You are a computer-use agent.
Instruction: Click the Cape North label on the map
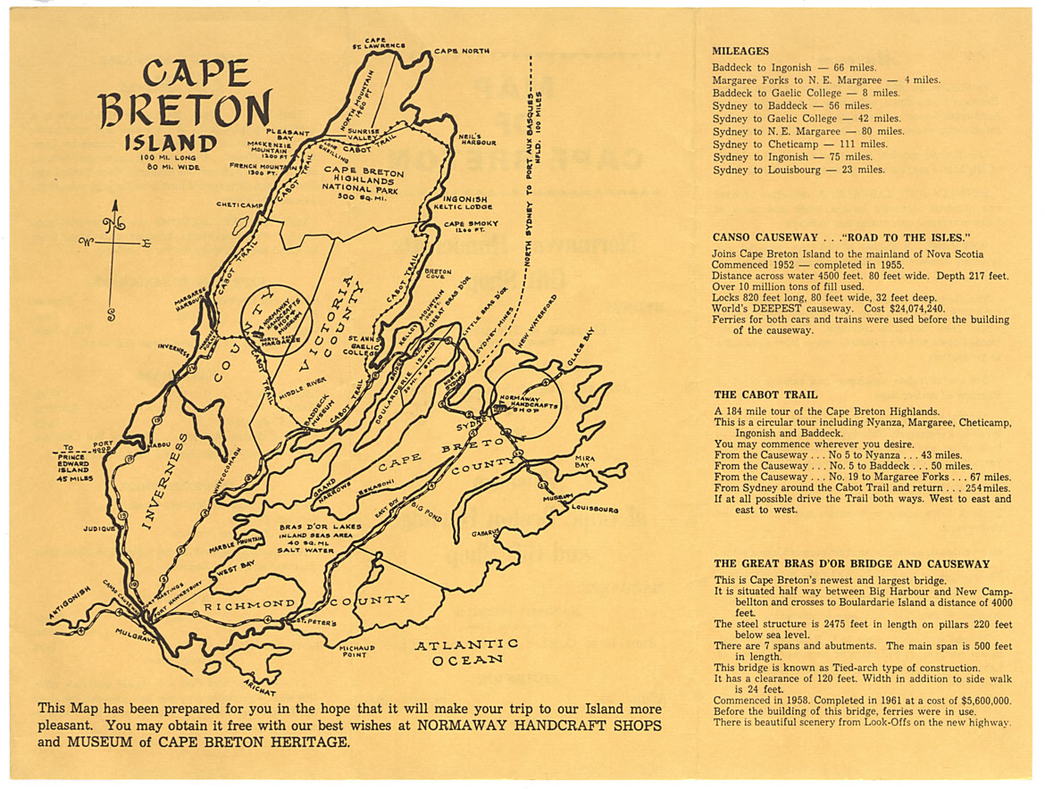[462, 52]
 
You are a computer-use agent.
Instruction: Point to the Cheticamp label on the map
[240, 204]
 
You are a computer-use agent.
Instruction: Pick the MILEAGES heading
[740, 51]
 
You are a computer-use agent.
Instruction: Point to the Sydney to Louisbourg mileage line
[798, 170]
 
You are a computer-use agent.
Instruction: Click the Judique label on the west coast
[100, 528]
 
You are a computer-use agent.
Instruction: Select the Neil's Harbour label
[476, 140]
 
